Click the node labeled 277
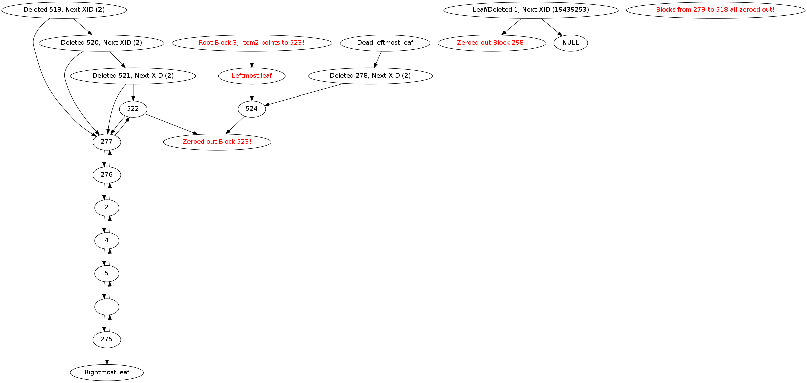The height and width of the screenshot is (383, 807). (107, 142)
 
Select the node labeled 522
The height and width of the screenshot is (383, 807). (133, 109)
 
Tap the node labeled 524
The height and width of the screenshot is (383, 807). (252, 109)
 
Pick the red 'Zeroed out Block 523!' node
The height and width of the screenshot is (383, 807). (217, 142)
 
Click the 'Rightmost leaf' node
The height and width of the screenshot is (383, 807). (107, 372)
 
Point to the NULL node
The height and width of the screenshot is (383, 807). (571, 43)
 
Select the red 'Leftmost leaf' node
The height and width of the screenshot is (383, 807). (252, 76)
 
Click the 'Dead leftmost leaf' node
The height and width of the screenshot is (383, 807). (385, 43)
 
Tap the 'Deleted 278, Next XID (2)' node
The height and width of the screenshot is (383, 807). (370, 76)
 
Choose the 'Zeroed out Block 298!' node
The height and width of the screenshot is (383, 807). (491, 43)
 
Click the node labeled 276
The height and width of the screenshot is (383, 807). (107, 175)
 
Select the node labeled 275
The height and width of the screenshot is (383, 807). (107, 339)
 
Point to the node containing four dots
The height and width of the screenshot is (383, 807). (107, 307)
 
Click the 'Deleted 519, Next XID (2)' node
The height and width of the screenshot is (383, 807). (64, 10)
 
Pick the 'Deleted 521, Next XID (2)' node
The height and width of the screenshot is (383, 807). (133, 76)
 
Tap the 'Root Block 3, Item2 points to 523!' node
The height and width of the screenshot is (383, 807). (252, 43)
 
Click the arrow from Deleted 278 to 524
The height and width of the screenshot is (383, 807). (304, 94)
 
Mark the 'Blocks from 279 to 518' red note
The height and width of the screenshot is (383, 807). (716, 10)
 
